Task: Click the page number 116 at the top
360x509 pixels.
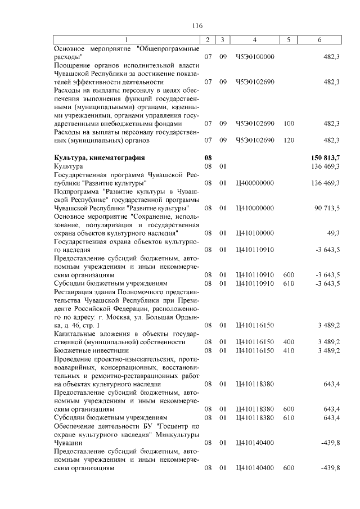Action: (197, 26)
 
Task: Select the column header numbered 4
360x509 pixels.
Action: (255, 40)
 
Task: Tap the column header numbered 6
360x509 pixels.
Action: (320, 40)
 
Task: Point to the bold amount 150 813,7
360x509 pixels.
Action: (325, 159)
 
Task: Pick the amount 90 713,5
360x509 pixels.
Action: (327, 208)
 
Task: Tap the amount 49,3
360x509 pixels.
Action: (333, 233)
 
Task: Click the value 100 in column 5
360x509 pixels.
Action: (289, 124)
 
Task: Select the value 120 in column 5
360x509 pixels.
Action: (289, 140)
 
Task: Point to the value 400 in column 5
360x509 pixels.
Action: (289, 342)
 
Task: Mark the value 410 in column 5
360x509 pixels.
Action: (289, 350)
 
